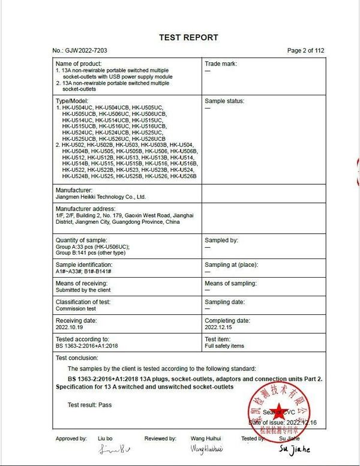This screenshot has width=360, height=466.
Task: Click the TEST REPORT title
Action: click(188, 37)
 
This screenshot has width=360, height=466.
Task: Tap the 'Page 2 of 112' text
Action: click(305, 51)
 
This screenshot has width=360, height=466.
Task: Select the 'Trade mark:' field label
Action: click(221, 64)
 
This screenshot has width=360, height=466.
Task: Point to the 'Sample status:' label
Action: click(224, 101)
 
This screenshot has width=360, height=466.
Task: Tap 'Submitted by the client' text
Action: click(83, 290)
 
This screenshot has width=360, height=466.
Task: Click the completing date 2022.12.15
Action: click(218, 327)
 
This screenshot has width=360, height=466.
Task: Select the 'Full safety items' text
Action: click(224, 346)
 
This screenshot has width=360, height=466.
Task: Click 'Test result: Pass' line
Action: click(89, 405)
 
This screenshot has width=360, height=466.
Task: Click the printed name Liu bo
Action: click(106, 438)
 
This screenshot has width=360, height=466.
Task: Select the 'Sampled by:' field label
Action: click(221, 240)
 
